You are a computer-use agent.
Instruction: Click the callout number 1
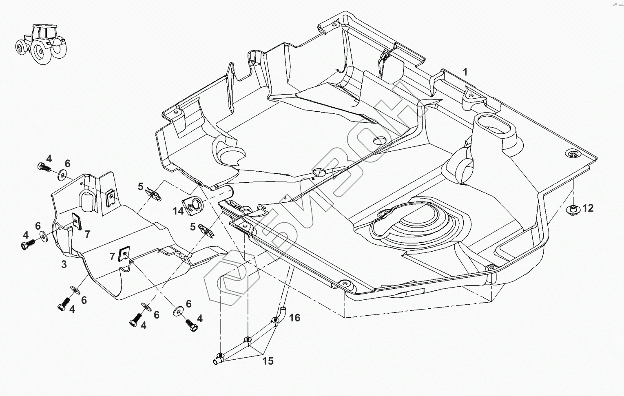465,72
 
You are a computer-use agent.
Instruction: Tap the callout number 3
64,264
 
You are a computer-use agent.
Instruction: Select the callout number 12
588,208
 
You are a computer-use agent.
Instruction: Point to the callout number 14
178,211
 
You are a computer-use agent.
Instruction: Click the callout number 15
268,361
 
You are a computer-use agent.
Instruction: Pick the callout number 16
295,317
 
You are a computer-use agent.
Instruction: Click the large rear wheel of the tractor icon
40,52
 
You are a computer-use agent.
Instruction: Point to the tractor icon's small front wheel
20,47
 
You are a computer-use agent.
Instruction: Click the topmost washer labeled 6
62,175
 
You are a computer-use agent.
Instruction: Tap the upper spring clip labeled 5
153,193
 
